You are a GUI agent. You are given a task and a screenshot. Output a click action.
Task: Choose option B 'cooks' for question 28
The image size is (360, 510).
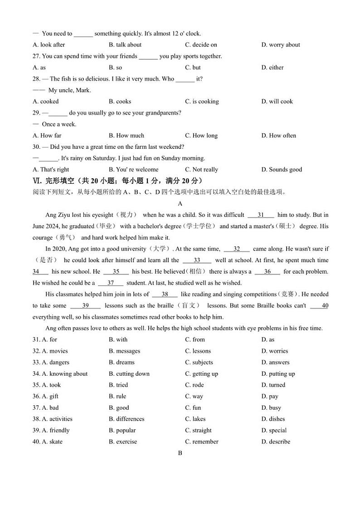point(120,101)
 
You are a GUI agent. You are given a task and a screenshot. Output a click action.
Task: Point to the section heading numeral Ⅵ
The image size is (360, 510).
point(37,181)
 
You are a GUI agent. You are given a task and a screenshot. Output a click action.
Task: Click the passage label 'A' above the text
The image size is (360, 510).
point(180,203)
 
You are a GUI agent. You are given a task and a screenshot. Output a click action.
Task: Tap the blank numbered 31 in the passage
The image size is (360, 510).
point(261,215)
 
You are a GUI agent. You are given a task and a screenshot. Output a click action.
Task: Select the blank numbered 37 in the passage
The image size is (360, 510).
point(111,283)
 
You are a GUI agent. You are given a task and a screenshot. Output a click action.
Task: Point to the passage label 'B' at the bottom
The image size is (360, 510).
point(180,453)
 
